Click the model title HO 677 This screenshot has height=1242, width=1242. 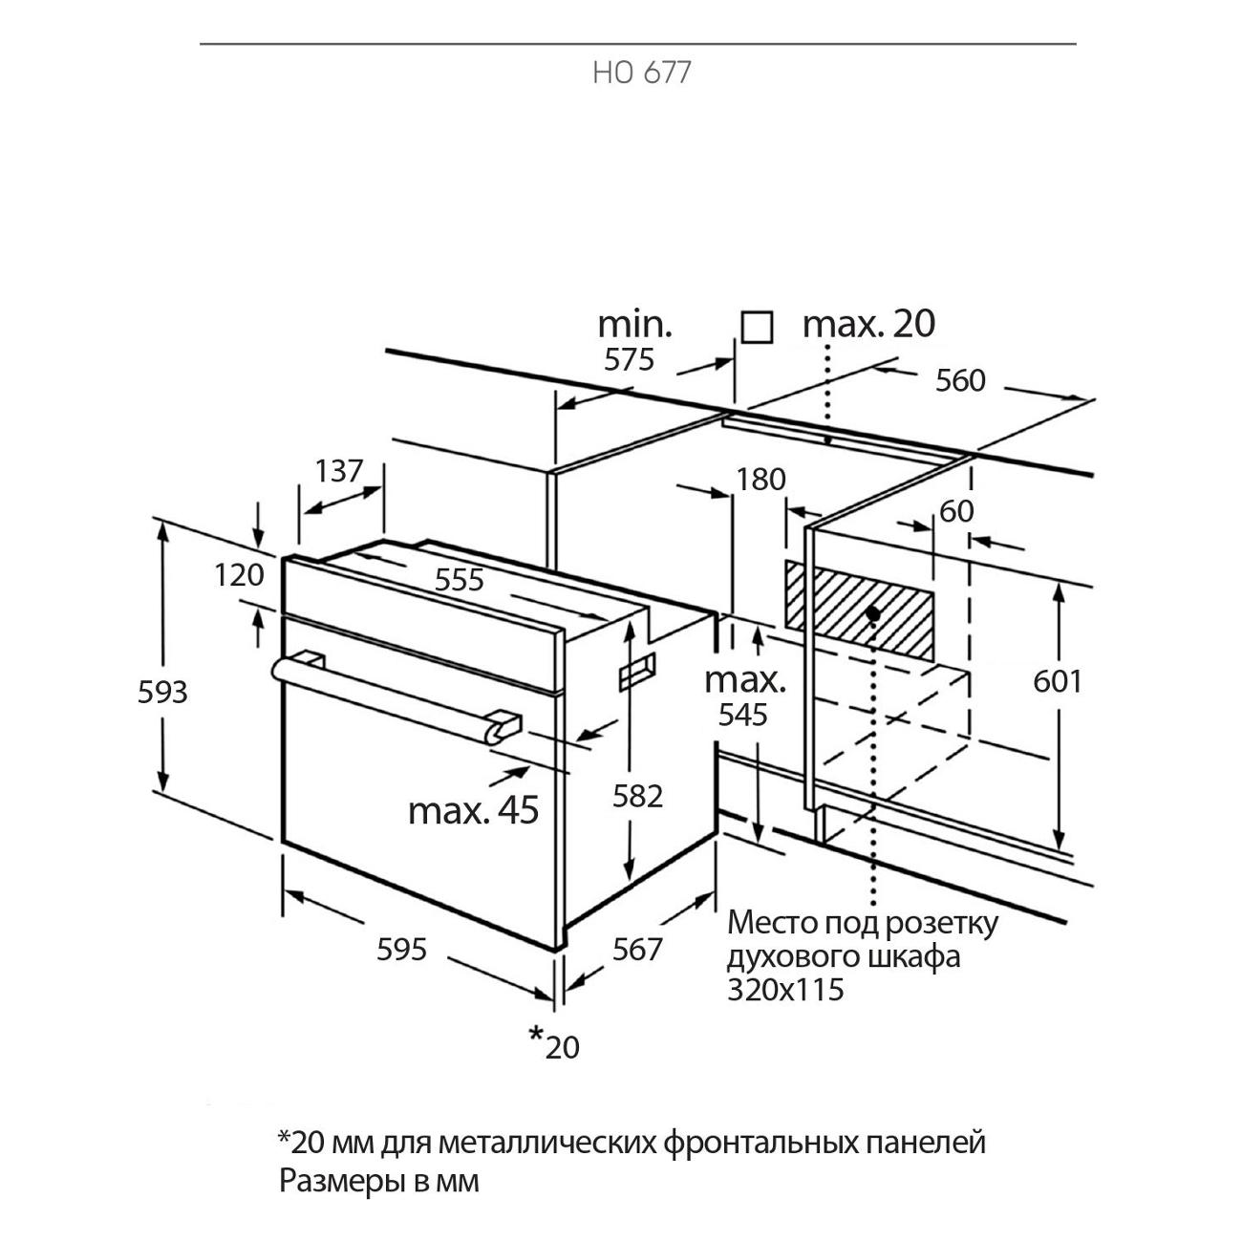641,74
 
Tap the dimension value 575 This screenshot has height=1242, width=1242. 629,359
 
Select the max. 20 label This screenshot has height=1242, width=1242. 868,324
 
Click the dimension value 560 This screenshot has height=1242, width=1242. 959,380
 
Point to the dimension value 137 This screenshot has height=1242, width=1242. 339,471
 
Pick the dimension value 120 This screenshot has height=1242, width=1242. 238,575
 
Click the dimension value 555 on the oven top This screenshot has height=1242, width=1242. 460,580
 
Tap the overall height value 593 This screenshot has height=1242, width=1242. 162,691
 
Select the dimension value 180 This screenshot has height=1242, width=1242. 760,480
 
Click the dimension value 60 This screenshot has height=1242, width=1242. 956,511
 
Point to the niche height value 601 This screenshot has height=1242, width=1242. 1058,681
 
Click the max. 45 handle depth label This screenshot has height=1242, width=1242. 473,810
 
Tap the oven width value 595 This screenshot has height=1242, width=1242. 401,950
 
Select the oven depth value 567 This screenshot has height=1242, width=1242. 637,949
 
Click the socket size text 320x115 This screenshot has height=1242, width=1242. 786,989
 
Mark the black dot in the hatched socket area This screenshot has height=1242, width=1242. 872,611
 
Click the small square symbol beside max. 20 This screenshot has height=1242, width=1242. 757,328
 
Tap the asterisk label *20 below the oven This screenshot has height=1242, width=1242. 554,1043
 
